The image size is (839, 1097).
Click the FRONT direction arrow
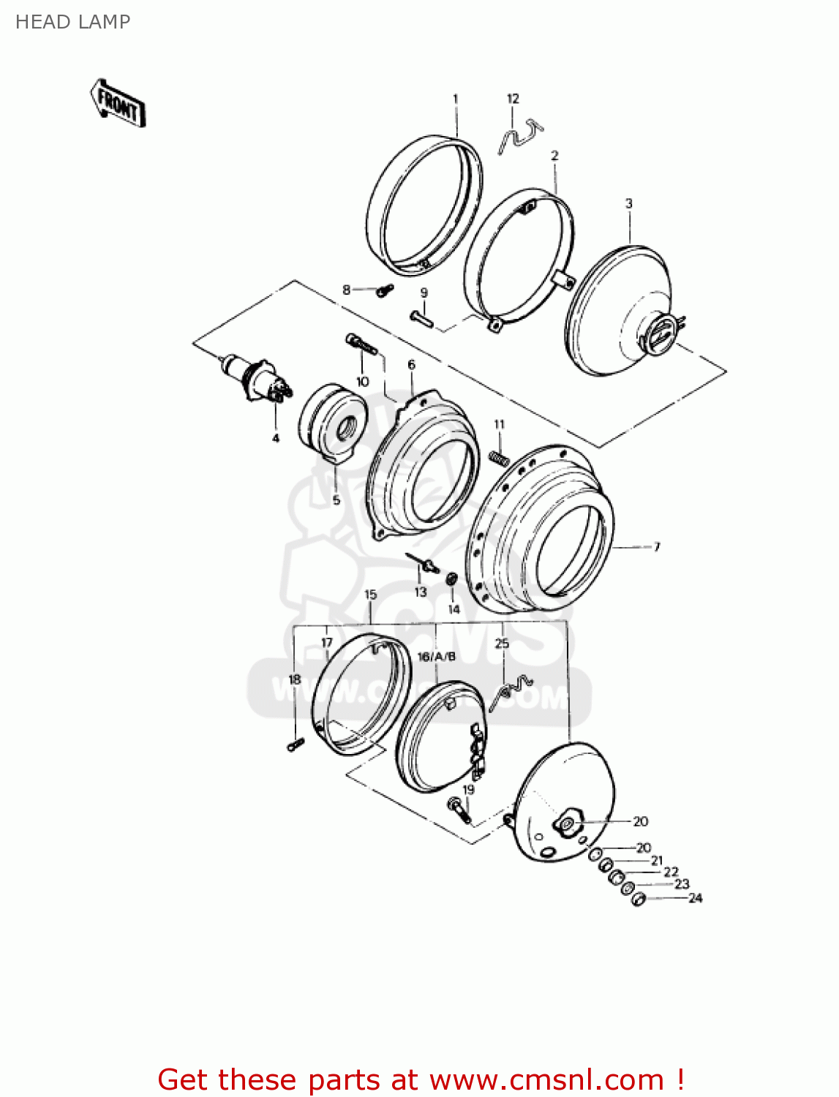click(x=118, y=104)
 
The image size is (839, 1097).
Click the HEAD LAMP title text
click(x=72, y=22)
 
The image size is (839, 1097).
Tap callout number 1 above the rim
click(x=455, y=99)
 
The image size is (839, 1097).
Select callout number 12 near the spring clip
click(x=513, y=99)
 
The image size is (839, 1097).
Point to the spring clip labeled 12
click(x=520, y=137)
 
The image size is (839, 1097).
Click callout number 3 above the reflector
click(x=628, y=203)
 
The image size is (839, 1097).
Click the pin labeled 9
click(x=421, y=319)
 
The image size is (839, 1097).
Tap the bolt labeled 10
click(x=360, y=344)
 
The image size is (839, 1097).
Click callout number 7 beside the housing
click(x=656, y=546)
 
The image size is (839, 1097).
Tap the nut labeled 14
click(x=452, y=579)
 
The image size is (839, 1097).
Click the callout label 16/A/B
click(x=436, y=657)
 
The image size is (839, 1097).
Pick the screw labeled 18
click(x=296, y=744)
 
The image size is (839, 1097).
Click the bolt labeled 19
click(x=459, y=810)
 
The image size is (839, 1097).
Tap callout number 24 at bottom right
click(x=695, y=898)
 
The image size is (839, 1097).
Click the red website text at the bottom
click(x=421, y=1079)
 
